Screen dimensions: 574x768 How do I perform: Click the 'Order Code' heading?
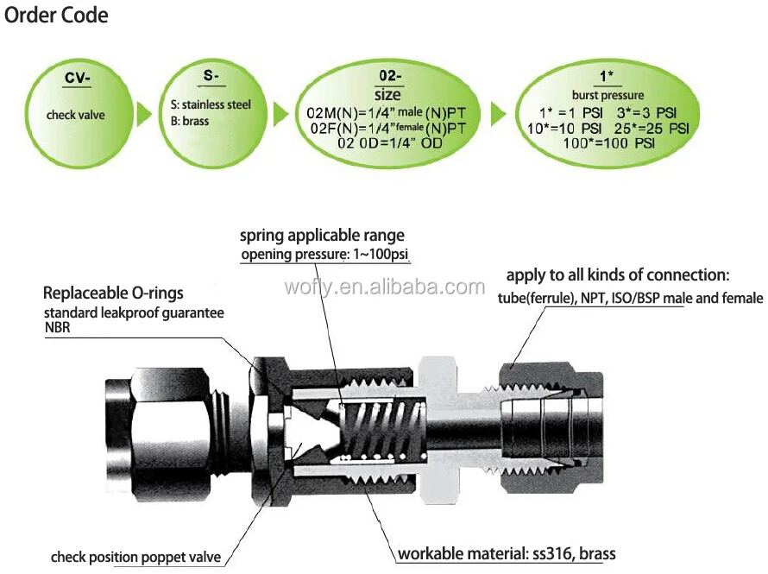point(58,16)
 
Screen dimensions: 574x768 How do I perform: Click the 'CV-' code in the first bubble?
point(78,79)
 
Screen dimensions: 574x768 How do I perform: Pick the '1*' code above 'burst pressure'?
point(607,78)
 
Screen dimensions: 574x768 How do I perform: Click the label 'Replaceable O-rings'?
point(113,293)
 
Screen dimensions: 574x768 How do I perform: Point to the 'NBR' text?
point(57,328)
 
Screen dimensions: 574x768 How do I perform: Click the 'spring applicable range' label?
point(322,236)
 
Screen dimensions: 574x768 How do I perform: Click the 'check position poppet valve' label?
point(136,557)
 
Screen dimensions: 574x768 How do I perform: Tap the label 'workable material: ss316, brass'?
point(507,553)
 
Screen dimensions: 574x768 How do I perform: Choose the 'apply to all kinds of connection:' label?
point(618,276)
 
